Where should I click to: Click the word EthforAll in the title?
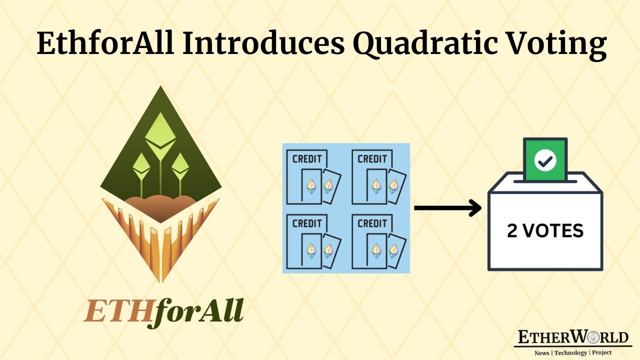point(105,43)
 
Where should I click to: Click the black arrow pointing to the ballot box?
point(447,208)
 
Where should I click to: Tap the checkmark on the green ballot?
point(544,160)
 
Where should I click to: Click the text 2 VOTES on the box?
point(545,230)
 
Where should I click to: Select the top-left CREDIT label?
point(307,159)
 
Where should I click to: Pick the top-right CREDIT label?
point(372,159)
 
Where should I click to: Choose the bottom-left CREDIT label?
point(307,223)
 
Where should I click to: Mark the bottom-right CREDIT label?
point(372,223)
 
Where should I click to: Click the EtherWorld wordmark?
point(572,337)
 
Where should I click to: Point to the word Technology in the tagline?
point(573,352)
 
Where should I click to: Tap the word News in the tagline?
point(541,352)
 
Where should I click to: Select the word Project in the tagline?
point(602,352)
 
